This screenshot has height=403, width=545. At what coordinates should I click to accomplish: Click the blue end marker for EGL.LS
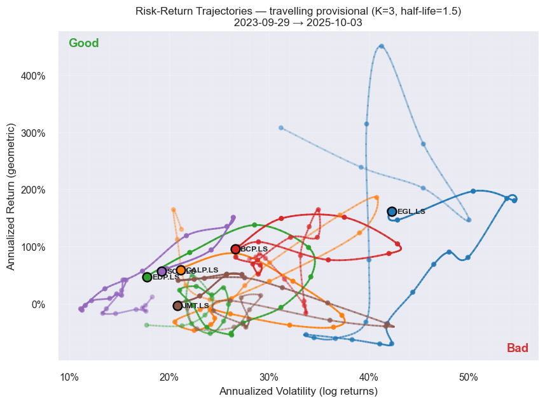[392, 211]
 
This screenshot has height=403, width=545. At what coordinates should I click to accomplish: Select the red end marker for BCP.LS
[235, 249]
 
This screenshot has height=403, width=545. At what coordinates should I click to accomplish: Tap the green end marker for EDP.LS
[147, 277]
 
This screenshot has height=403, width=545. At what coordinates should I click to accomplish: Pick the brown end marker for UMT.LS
[177, 306]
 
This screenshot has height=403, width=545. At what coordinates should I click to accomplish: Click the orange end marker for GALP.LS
[181, 270]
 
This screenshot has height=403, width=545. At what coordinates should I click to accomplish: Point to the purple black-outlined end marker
[162, 271]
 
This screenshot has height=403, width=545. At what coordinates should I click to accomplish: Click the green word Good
[83, 43]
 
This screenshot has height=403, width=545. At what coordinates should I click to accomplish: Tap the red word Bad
[517, 348]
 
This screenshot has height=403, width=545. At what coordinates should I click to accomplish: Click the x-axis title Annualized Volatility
[298, 391]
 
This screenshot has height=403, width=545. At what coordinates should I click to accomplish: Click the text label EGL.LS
[411, 211]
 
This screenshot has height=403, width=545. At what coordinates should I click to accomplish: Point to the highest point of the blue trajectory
[381, 46]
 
